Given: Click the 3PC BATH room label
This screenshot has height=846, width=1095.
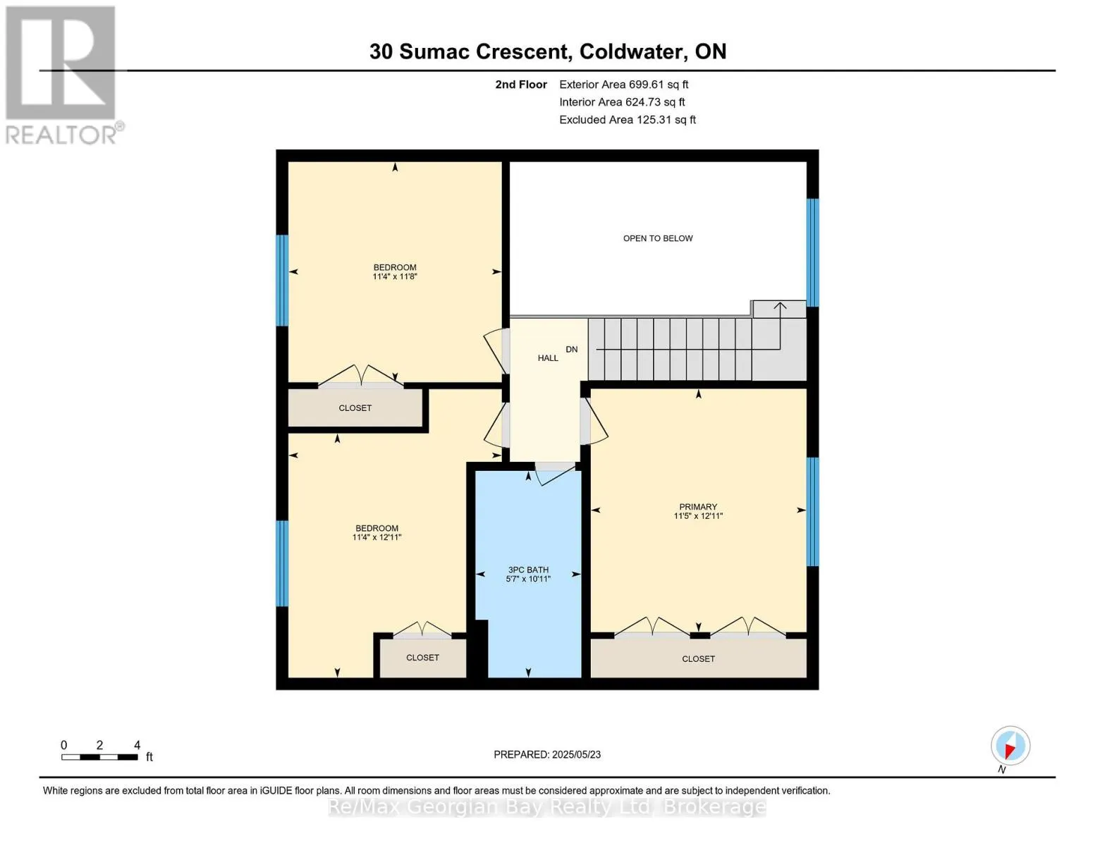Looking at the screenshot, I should pos(528,570).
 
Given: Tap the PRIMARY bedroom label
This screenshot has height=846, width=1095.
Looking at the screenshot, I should pos(698,506).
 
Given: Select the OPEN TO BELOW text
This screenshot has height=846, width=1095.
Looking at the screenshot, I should pos(657,238).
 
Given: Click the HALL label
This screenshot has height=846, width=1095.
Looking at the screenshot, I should pos(548,358).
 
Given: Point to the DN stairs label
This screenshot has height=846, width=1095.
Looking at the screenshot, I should pos(571,349).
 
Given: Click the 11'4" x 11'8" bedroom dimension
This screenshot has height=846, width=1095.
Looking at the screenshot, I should pos(395,277).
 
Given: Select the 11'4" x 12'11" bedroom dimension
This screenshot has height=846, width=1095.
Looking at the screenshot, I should pos(377,538).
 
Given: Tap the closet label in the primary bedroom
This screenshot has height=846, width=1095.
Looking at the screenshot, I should pos(698,658).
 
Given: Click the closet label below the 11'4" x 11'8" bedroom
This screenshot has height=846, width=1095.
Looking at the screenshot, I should pos(355,408).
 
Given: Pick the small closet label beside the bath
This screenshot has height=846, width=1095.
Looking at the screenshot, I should pos(422,658).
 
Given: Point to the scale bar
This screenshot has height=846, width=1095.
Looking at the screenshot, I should pos(99,757).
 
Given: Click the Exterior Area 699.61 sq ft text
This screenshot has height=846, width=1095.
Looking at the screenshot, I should pos(623,85).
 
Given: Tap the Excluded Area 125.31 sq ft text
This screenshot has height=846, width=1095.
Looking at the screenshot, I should pos(627,120).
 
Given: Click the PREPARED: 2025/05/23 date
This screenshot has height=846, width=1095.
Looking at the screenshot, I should pos(547,754).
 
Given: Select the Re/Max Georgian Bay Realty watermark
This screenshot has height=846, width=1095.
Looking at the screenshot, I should pos(547,807).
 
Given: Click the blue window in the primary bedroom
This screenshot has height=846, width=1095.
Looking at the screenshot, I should pos(812,511).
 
